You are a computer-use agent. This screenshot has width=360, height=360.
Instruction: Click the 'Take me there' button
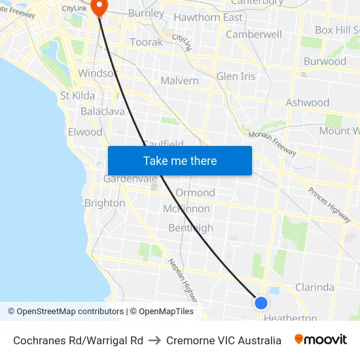[180, 160]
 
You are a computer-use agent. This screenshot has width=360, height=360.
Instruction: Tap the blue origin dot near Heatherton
[261, 302]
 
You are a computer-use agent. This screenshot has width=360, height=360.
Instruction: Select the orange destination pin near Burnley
[99, 7]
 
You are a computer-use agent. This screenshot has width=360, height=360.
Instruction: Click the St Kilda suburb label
[77, 96]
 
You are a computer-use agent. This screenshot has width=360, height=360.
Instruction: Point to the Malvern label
[179, 81]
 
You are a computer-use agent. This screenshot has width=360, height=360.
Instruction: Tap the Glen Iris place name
[236, 76]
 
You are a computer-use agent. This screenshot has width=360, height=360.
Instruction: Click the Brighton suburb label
[105, 203]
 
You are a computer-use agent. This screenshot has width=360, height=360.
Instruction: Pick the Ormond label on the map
[195, 192]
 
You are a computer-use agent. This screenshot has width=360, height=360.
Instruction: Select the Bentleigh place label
[190, 228]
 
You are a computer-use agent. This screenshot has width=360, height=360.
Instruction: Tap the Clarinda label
[314, 287]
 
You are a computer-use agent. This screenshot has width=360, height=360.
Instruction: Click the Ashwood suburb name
[308, 103]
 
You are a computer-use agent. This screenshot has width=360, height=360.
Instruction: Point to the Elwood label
[85, 132]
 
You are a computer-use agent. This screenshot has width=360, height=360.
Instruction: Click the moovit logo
[321, 340]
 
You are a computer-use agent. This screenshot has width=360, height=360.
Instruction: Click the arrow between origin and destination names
[154, 340]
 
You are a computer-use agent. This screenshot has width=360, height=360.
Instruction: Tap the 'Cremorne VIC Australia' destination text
[224, 340]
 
